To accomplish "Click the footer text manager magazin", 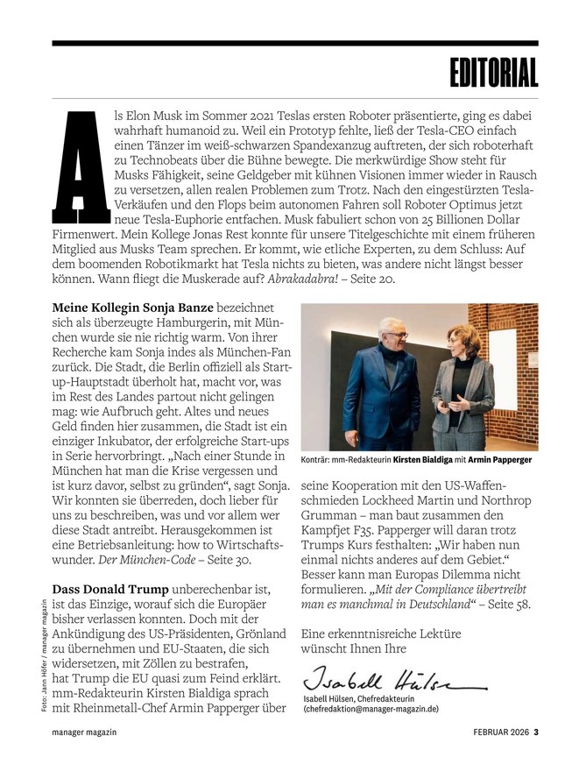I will coord(85,732).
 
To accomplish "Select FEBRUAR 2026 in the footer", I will coord(503,732).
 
